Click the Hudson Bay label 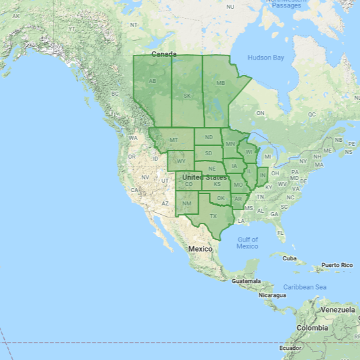(x=266, y=58)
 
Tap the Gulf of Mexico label (x=248, y=242)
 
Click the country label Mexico (x=199, y=249)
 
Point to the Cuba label (x=289, y=258)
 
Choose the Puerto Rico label (x=337, y=265)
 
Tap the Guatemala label (x=245, y=281)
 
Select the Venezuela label (x=337, y=310)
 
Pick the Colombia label (x=312, y=328)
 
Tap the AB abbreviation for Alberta (x=152, y=82)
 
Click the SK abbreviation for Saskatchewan (x=187, y=95)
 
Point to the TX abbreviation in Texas (x=213, y=216)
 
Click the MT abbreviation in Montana (x=173, y=140)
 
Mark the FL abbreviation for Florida (x=280, y=232)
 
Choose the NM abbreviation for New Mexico (x=187, y=203)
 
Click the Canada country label (x=164, y=54)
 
